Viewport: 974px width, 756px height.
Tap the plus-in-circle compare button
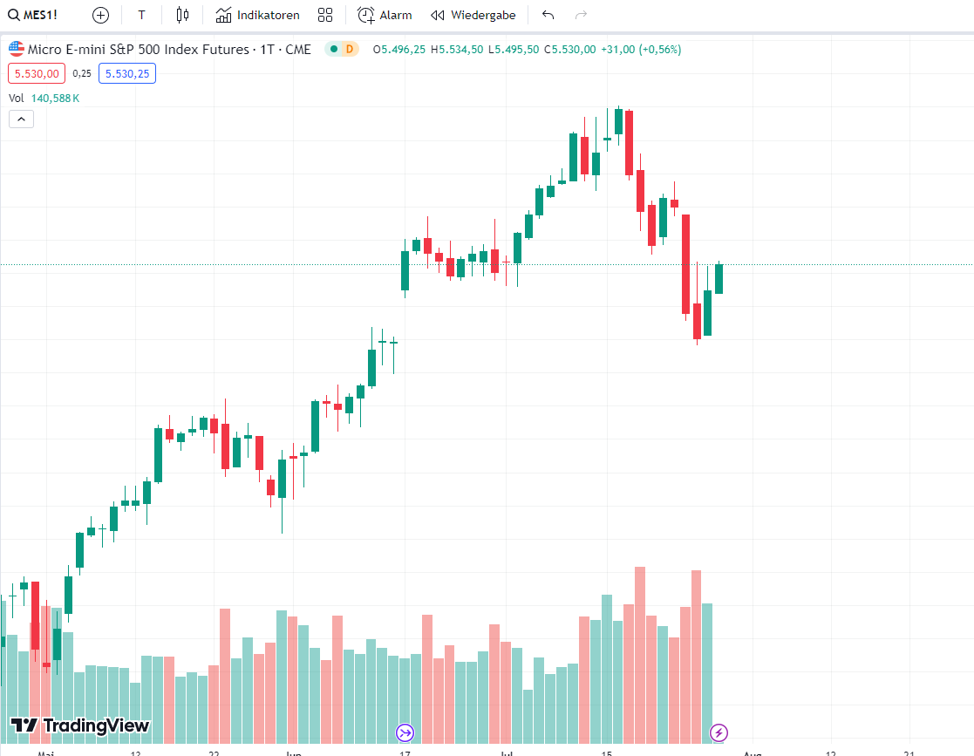(100, 15)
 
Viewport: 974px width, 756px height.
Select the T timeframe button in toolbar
(141, 15)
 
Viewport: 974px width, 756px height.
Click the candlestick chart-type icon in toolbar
(181, 15)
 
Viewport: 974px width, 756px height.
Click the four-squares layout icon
(325, 15)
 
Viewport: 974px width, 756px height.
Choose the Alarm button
(385, 15)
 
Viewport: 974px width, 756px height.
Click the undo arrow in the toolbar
(548, 15)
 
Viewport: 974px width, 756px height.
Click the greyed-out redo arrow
(581, 15)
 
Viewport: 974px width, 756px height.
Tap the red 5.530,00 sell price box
(37, 74)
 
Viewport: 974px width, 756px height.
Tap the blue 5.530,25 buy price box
(127, 74)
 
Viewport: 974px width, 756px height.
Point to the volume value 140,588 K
(55, 99)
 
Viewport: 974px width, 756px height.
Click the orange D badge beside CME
(349, 49)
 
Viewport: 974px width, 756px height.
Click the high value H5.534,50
(457, 49)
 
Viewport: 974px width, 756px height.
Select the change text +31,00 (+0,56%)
(641, 49)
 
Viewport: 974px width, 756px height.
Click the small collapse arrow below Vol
(21, 119)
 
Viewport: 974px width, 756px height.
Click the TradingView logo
(80, 725)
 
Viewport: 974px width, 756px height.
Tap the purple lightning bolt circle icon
(719, 732)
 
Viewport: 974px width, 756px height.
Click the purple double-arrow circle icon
(405, 732)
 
